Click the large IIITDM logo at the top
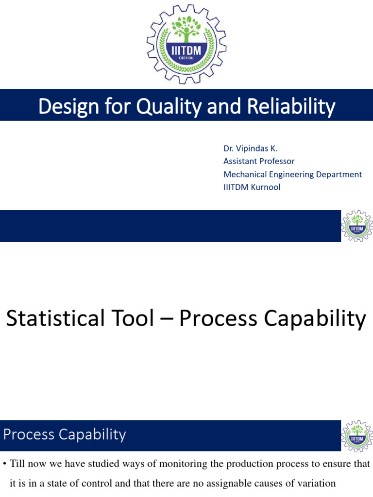(186, 44)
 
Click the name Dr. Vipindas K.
(250, 148)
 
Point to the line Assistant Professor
(259, 161)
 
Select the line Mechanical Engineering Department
(292, 174)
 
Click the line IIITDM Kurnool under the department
(252, 187)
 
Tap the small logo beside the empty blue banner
(357, 226)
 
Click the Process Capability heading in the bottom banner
(65, 434)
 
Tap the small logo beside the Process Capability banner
(357, 436)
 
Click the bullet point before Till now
(4, 464)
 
